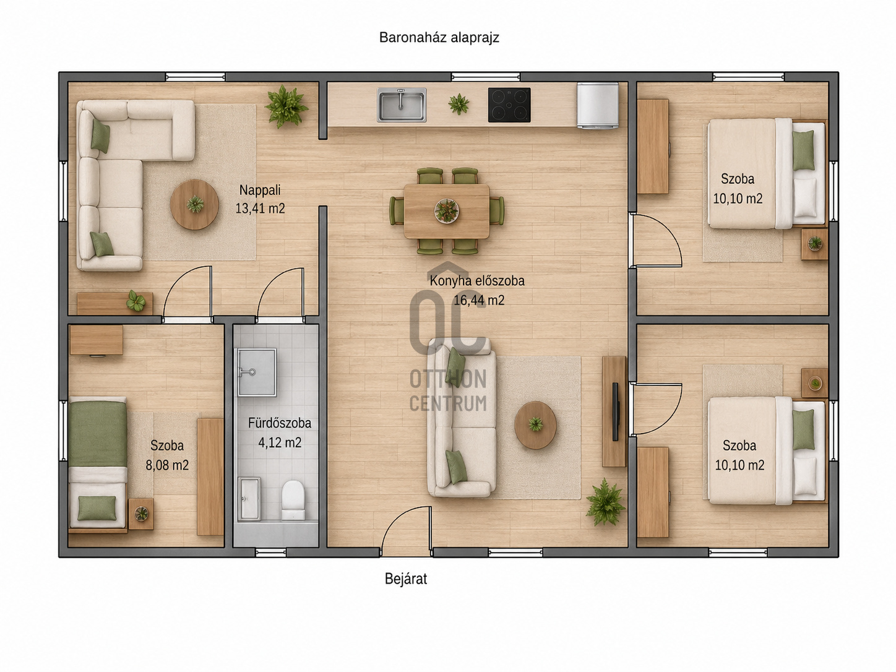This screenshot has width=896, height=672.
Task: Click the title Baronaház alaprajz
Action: pos(439,38)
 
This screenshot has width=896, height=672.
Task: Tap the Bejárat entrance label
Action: pos(406,579)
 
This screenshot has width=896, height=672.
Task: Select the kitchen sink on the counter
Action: pos(402,105)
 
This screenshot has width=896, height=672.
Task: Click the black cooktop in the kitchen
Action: pos(509,105)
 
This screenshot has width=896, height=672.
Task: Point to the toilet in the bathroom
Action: pos(293,500)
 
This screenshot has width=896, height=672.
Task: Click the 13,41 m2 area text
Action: pos(260,209)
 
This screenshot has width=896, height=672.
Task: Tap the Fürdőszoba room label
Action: pos(280,423)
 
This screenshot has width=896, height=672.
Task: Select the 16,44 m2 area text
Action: pos(479,300)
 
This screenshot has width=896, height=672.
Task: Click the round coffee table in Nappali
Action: pos(194,204)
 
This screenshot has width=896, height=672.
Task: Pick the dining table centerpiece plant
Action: pos(447,210)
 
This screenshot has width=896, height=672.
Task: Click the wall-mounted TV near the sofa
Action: pos(616,411)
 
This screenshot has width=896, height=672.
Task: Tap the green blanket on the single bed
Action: pos(98,434)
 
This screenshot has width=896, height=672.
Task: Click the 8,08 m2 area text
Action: pos(167,465)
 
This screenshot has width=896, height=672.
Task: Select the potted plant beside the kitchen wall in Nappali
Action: pos(286,106)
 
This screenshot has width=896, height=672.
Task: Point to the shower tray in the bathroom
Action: pos(257,372)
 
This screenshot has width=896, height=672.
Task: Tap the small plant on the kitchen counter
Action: pos(459,103)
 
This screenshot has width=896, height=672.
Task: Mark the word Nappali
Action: pos(260,190)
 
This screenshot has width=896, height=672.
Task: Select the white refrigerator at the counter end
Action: pos(598,106)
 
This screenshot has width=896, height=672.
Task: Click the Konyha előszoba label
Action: pos(477,281)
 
